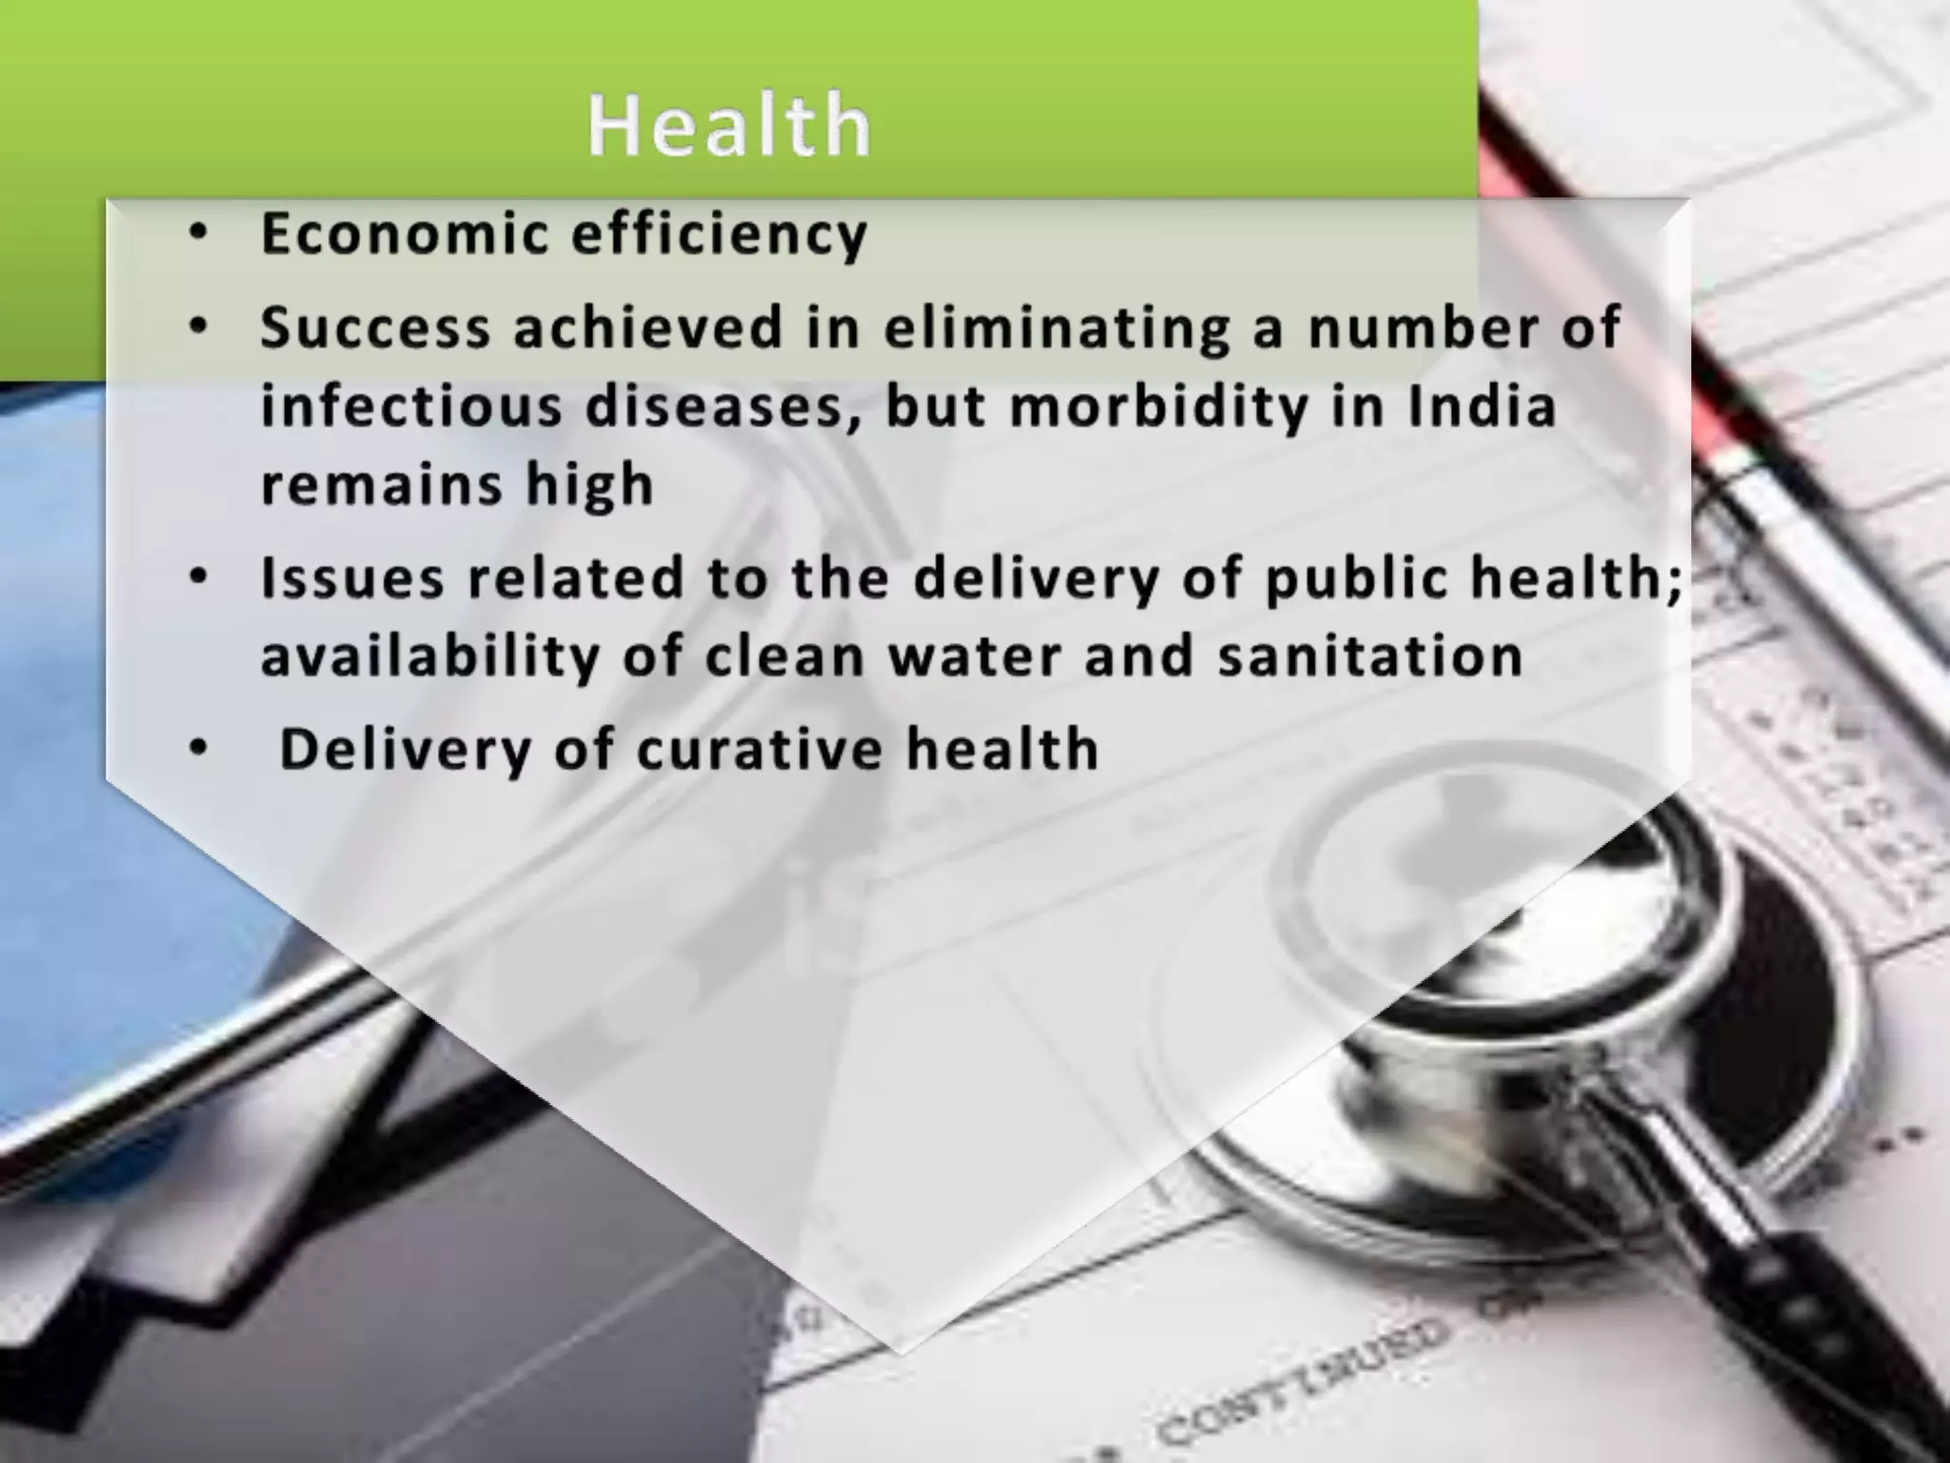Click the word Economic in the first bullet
(404, 233)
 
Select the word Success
(375, 328)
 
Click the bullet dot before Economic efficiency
(198, 233)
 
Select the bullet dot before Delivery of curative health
(198, 749)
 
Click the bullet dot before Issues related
(198, 578)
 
